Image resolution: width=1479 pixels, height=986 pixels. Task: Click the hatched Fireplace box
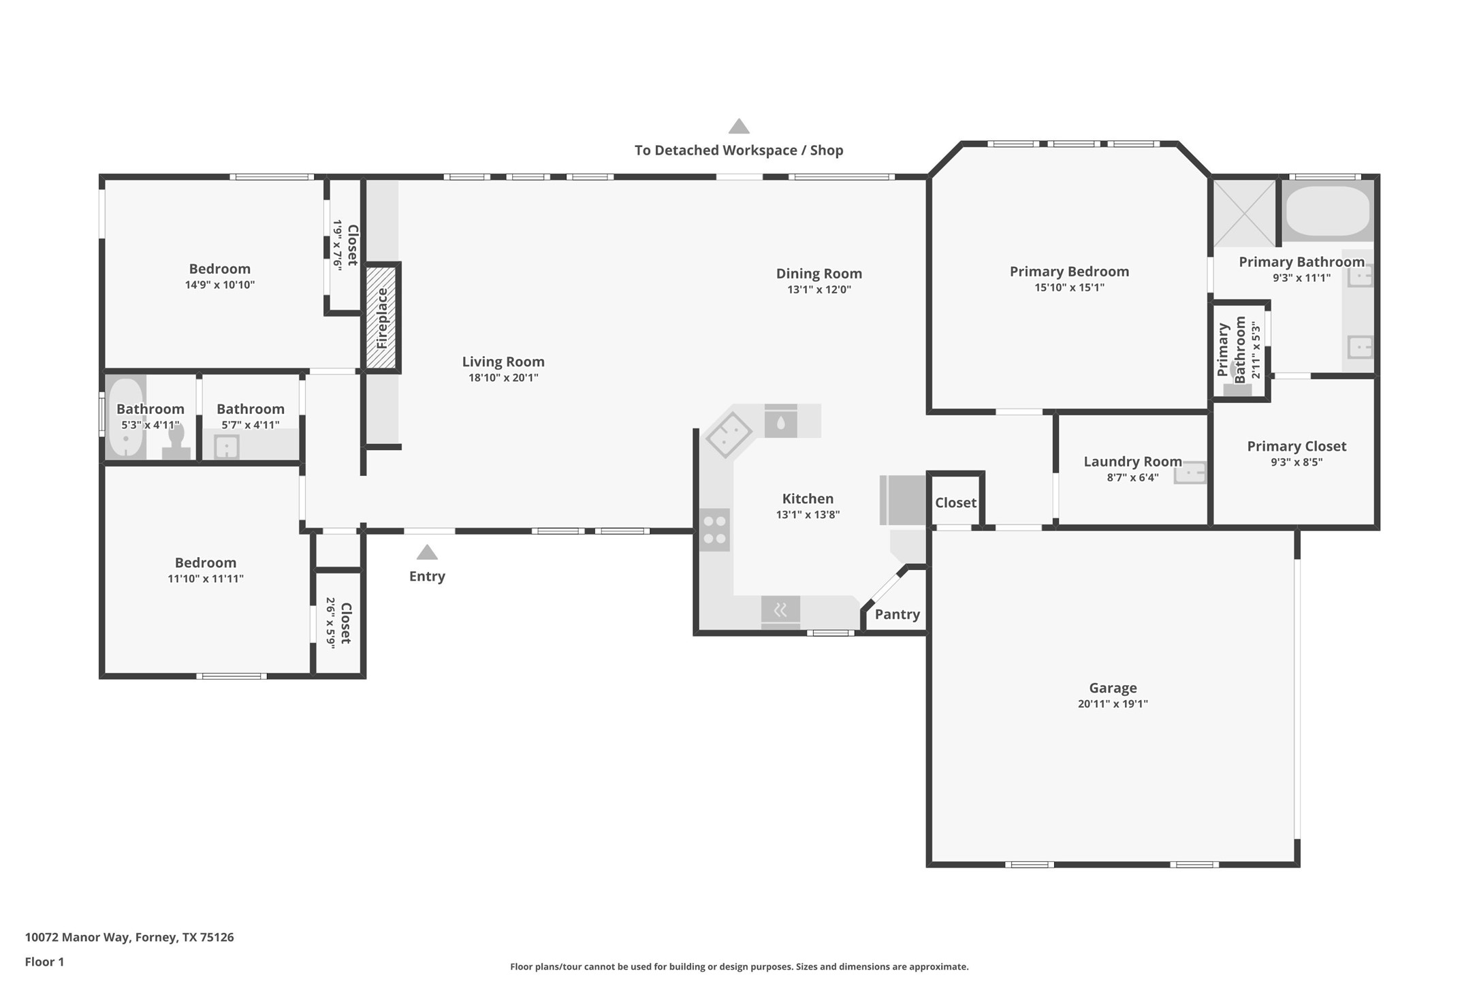tap(381, 318)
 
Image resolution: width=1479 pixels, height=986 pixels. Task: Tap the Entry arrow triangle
tap(427, 552)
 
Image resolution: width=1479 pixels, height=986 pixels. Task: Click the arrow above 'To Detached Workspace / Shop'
tap(739, 126)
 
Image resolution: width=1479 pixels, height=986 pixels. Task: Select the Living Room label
tap(503, 362)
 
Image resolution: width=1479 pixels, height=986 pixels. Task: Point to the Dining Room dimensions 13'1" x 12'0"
tap(819, 289)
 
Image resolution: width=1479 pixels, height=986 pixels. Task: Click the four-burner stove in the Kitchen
tap(714, 530)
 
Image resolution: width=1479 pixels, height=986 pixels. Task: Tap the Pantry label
tap(897, 614)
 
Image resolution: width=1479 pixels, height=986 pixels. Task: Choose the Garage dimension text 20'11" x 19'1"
tap(1113, 704)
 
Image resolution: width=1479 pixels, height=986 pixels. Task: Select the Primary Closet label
tap(1297, 446)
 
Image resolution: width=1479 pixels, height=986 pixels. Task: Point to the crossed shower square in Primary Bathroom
tap(1244, 212)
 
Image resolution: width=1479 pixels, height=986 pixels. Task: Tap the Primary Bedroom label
tap(1069, 271)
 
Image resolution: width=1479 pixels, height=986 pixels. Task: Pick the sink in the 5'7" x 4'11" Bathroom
tap(226, 447)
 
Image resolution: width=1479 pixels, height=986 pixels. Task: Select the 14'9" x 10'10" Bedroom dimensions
tap(220, 285)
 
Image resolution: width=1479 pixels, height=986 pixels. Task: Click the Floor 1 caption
tap(44, 961)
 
